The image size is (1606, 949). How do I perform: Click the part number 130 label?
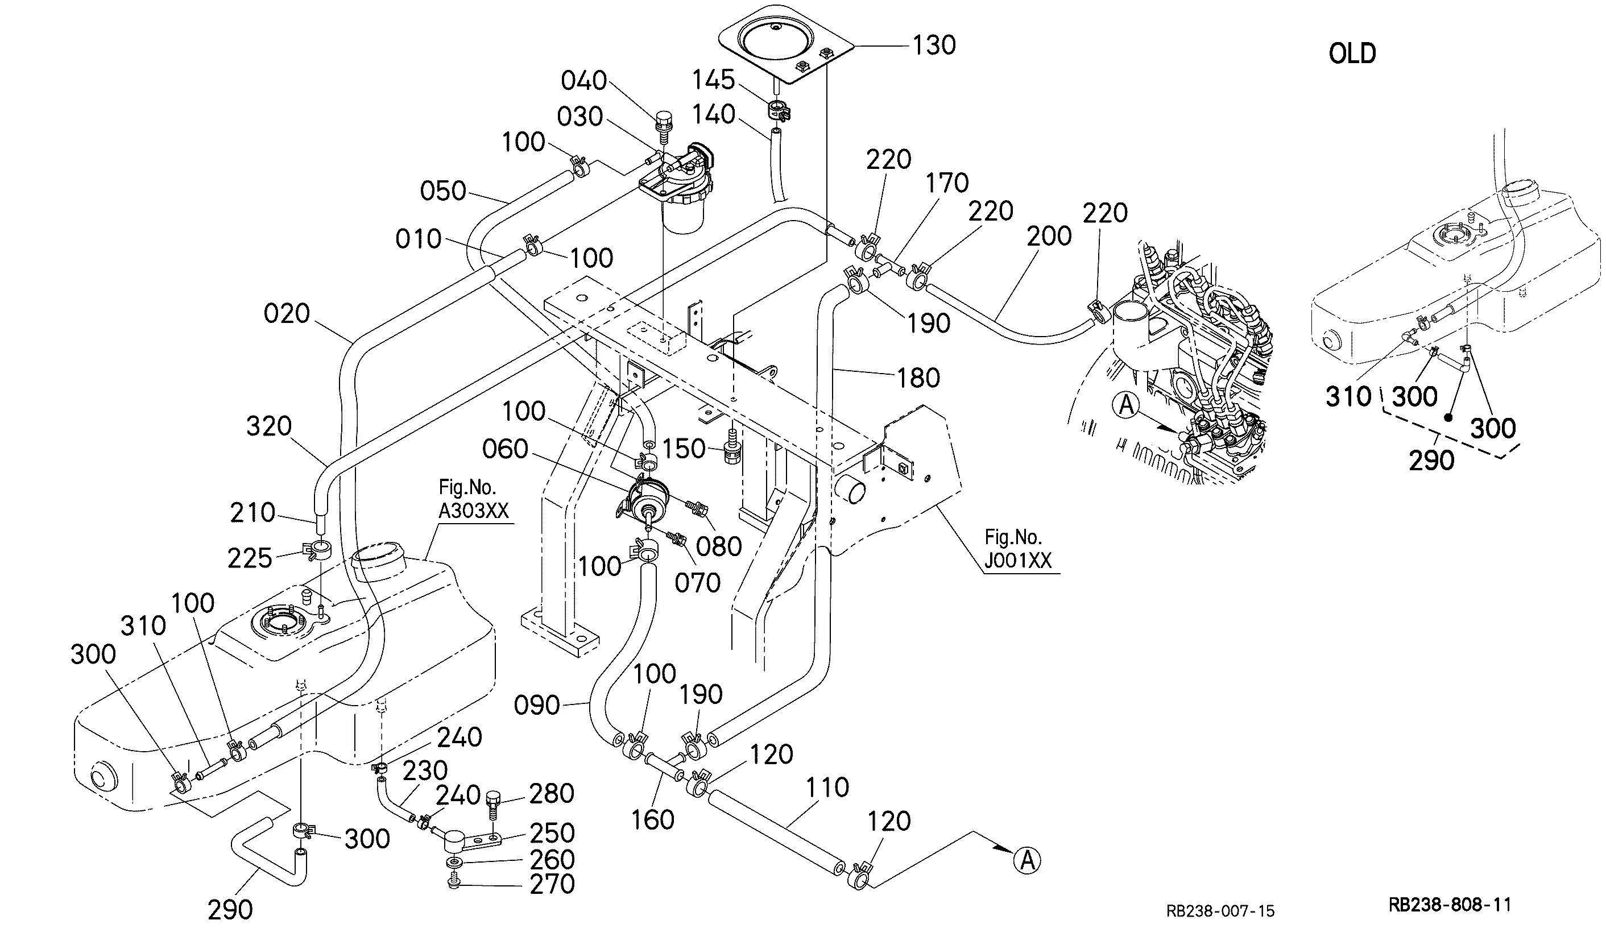pos(934,45)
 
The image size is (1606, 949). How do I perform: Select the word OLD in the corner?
pos(1352,53)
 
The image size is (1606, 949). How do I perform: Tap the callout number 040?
pos(583,81)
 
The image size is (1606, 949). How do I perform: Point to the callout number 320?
pos(268,426)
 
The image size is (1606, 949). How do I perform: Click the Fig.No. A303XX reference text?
pos(473,499)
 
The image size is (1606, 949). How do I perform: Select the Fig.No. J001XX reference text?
pos(1017,548)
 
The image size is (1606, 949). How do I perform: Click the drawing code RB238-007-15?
pos(1220,911)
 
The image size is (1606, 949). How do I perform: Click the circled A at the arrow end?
pos(1027,860)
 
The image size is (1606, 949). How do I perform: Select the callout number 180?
pos(918,378)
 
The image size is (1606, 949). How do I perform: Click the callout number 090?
pos(537,706)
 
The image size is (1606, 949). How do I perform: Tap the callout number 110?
pos(827,787)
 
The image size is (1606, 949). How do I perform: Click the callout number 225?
pos(250,558)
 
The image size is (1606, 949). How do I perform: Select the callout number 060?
pos(504,449)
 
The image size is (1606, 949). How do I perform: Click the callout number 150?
pos(683,449)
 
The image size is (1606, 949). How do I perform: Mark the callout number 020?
pos(287,313)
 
